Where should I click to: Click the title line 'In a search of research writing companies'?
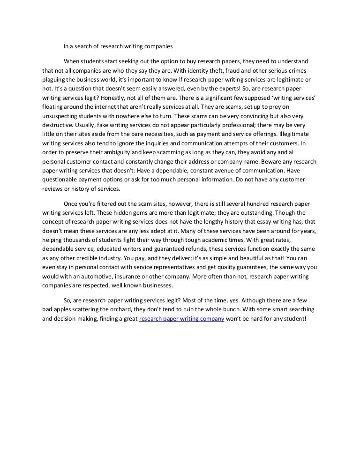(118, 46)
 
